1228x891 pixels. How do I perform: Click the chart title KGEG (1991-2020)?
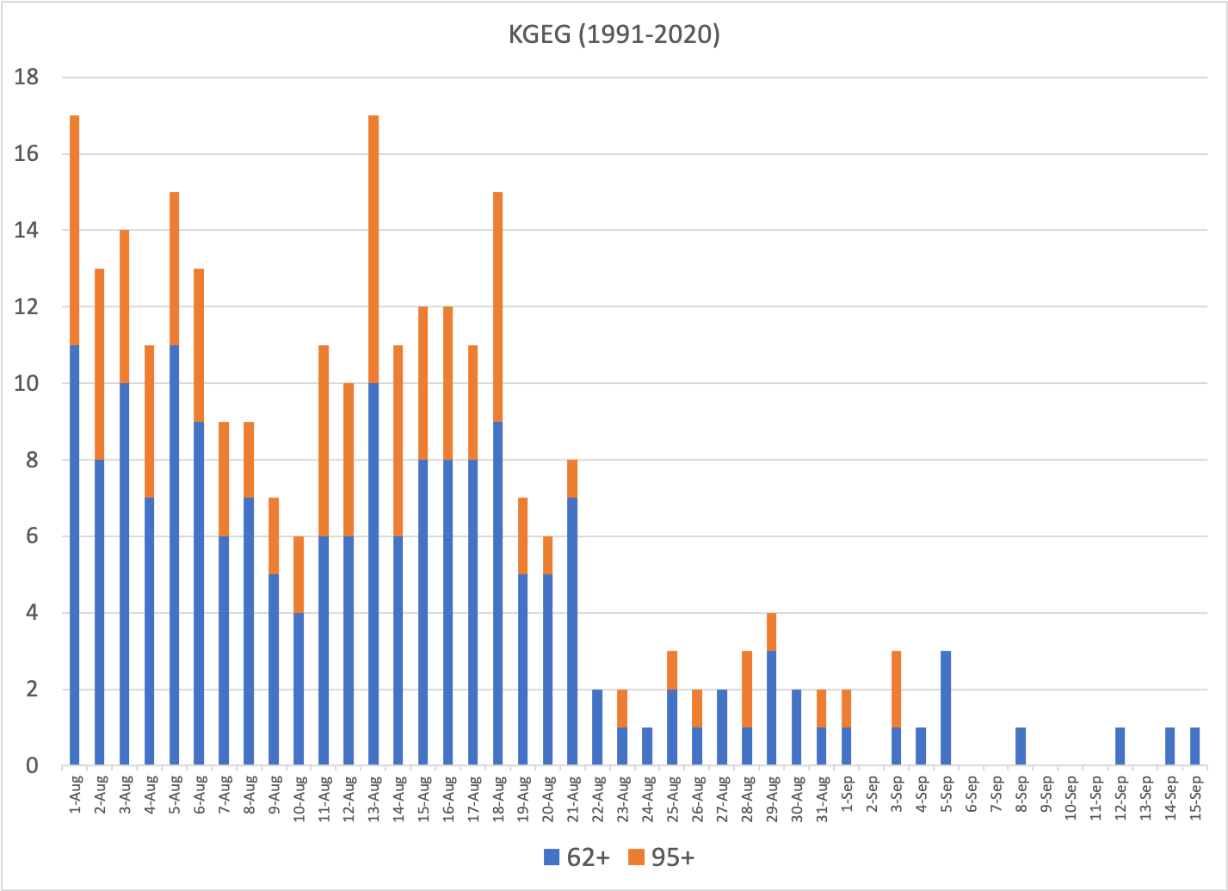click(613, 35)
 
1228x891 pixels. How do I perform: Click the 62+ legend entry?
click(577, 857)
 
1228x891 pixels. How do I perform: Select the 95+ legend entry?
click(661, 857)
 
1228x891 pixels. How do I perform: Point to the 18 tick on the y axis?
click(27, 77)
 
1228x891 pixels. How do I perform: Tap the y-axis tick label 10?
click(27, 384)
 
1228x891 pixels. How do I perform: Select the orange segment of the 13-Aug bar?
click(373, 250)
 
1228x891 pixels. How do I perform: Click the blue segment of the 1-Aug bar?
click(75, 555)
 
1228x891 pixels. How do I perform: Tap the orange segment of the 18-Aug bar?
click(498, 306)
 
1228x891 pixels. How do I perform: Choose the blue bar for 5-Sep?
click(946, 708)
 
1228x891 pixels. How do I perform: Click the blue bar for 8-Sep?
click(1021, 746)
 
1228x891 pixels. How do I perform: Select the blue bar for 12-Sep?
click(1120, 746)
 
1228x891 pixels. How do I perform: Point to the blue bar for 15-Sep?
click(1194, 746)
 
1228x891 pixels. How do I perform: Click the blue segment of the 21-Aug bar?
click(573, 631)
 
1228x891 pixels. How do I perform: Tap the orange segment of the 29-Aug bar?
click(772, 632)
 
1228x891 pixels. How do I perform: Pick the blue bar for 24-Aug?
click(647, 746)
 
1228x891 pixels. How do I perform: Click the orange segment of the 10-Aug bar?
click(299, 574)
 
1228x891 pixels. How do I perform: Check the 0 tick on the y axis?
click(32, 766)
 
